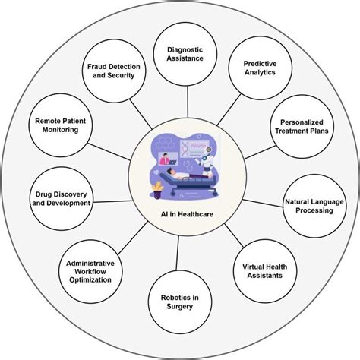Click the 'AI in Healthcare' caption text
pyautogui.click(x=181, y=214)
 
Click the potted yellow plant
pyautogui.click(x=157, y=190)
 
